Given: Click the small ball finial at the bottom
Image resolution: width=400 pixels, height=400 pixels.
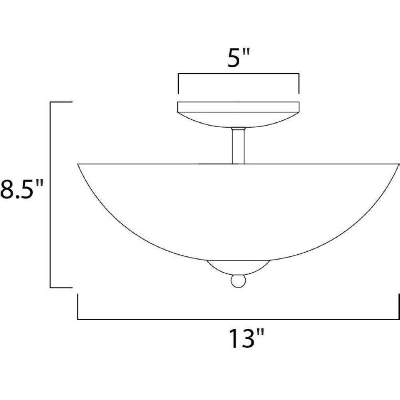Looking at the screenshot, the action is pyautogui.click(x=238, y=281).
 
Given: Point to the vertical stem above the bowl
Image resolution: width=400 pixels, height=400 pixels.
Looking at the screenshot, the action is pyautogui.click(x=238, y=146).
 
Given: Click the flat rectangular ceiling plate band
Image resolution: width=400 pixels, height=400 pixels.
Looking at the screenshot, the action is pyautogui.click(x=238, y=107).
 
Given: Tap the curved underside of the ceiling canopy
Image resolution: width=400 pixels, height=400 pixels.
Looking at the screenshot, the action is pyautogui.click(x=238, y=120).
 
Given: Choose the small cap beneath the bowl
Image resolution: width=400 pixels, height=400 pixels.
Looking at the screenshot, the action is pyautogui.click(x=238, y=267).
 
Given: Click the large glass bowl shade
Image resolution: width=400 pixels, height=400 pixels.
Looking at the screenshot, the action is pyautogui.click(x=238, y=212).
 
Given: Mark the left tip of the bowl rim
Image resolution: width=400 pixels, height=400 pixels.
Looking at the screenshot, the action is pyautogui.click(x=78, y=164).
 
